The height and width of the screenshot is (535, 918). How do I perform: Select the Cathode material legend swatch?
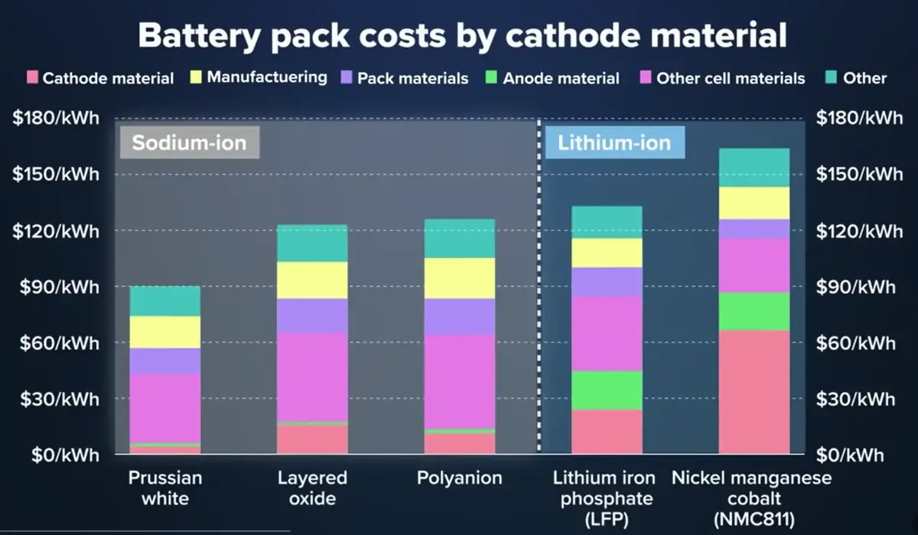pos(32,77)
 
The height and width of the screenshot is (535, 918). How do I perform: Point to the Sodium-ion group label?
pos(189,143)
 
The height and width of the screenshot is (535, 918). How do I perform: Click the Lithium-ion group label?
pos(614,142)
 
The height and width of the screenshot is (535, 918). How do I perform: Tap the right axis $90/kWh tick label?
pos(856,287)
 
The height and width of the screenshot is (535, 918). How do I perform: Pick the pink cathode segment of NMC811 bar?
pos(754,392)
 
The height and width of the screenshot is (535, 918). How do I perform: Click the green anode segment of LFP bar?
pos(607,390)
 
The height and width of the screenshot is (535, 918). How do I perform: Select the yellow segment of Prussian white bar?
pos(165,332)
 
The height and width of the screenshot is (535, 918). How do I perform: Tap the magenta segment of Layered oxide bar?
pos(312,377)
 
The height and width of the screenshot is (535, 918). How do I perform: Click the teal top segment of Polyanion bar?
pos(460,238)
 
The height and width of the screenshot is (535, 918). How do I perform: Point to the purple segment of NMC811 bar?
pos(754,228)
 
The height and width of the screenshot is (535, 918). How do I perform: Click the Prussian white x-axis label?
pos(165,488)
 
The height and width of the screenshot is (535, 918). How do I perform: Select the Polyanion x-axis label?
pos(460,478)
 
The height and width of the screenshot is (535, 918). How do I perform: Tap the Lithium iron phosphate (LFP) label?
pos(604,498)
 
